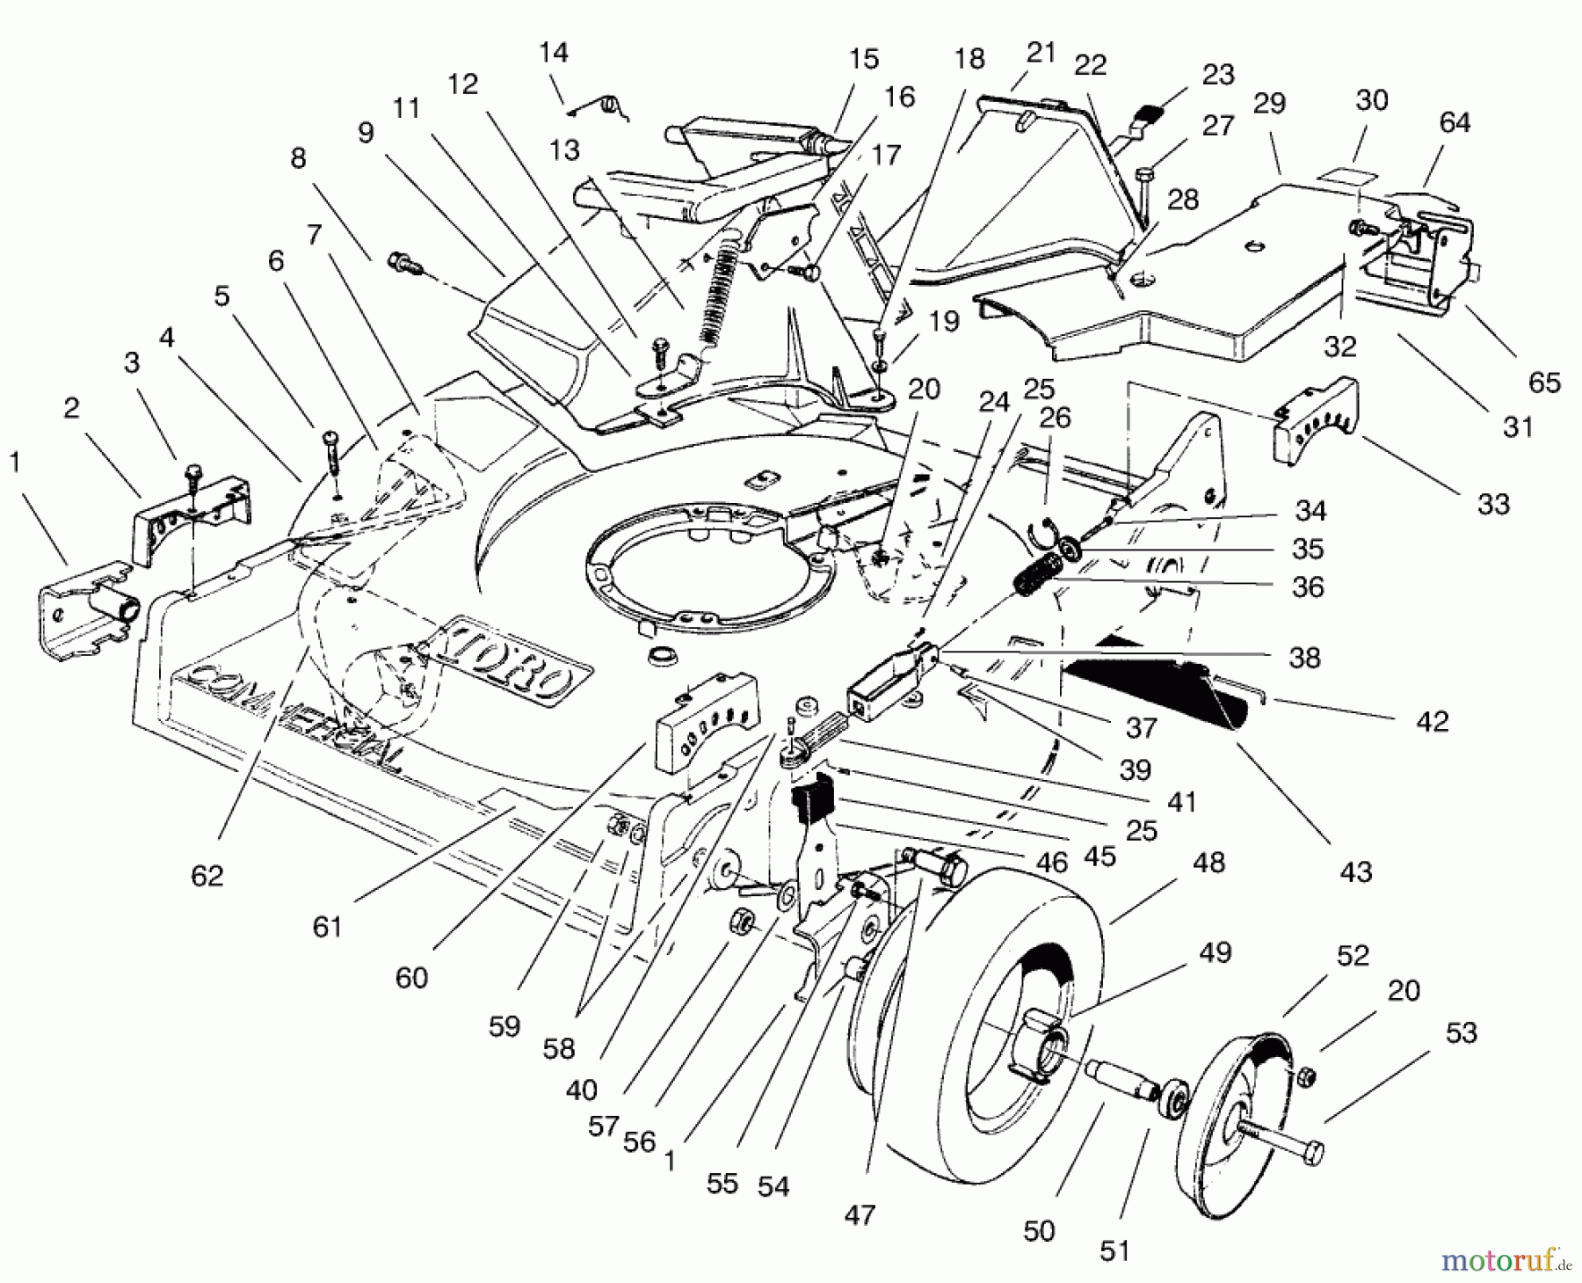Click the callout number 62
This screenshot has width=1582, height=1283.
207,875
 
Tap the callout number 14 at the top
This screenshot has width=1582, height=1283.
554,53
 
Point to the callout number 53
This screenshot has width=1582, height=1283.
1461,1032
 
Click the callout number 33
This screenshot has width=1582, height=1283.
1493,504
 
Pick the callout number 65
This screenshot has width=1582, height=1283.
1544,383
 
